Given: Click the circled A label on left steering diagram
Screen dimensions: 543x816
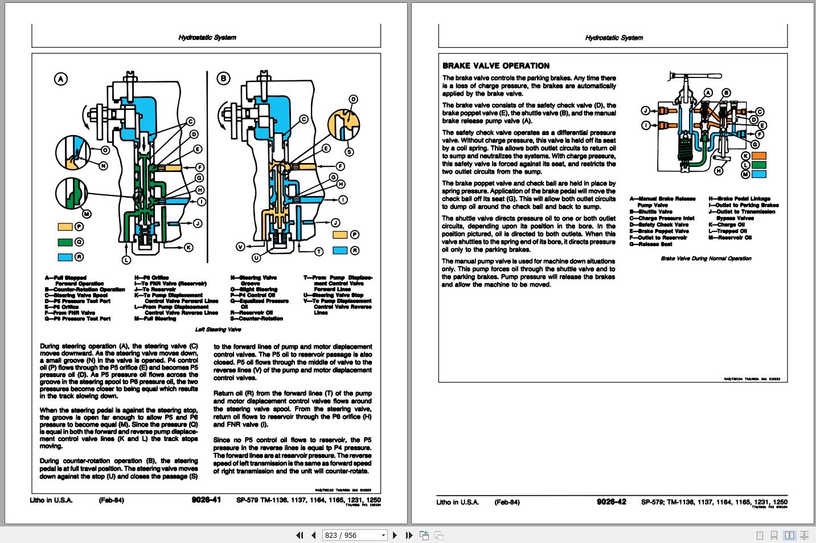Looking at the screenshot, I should tap(60, 79).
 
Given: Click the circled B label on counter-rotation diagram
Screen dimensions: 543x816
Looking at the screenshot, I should tap(224, 79).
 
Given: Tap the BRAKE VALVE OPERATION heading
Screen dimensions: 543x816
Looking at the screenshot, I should tap(495, 66).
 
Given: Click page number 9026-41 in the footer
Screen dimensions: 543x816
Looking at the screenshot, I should tap(206, 501).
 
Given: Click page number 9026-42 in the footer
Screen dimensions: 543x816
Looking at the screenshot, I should tap(611, 501).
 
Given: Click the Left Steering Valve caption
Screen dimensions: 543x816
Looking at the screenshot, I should tap(218, 329).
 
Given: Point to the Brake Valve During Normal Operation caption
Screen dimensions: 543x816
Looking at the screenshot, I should tap(706, 258).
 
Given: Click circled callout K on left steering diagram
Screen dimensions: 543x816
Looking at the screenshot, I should tap(188, 247).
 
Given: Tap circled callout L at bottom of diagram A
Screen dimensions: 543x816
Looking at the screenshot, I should tap(126, 260).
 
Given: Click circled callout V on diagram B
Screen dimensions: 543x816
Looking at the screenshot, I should tap(240, 247).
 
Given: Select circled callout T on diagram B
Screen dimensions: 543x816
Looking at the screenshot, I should tap(319, 251).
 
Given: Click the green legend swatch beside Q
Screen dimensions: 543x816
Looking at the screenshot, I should tap(65, 242).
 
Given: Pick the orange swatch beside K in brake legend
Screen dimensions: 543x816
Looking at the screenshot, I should tap(759, 156).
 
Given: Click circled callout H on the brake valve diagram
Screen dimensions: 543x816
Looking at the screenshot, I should tap(719, 170).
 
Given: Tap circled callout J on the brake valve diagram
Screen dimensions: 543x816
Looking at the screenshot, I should tap(645, 111).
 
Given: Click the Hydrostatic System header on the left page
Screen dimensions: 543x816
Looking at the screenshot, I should tap(207, 38).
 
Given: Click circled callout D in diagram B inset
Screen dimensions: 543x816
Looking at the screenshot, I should tap(353, 99).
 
